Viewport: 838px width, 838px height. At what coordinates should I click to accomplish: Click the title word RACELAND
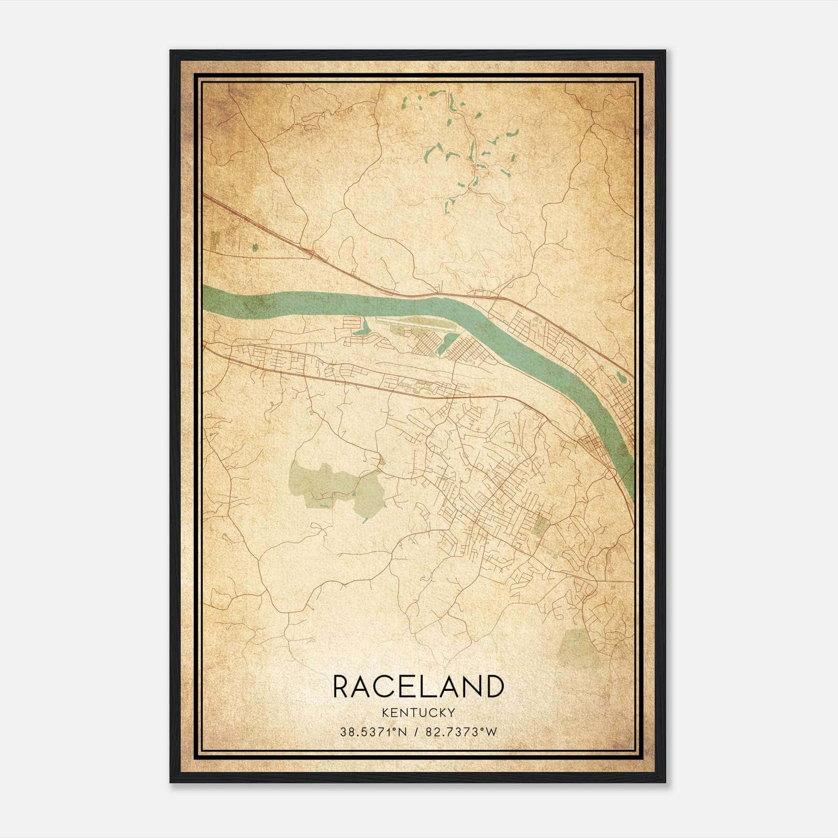pos(418,687)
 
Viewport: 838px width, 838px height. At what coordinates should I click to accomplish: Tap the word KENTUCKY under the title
pos(418,713)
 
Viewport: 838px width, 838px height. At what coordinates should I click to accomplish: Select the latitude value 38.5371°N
pos(373,732)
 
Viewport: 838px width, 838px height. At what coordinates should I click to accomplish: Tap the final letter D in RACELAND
pos(494,687)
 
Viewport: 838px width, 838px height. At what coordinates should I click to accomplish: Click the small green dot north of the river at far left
pos(255,248)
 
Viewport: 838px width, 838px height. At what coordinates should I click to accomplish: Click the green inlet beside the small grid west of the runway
pos(360,329)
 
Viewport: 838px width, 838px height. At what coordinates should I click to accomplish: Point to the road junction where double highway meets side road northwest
pos(312,255)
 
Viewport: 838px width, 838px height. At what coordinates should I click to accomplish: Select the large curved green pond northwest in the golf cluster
pos(429,152)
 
